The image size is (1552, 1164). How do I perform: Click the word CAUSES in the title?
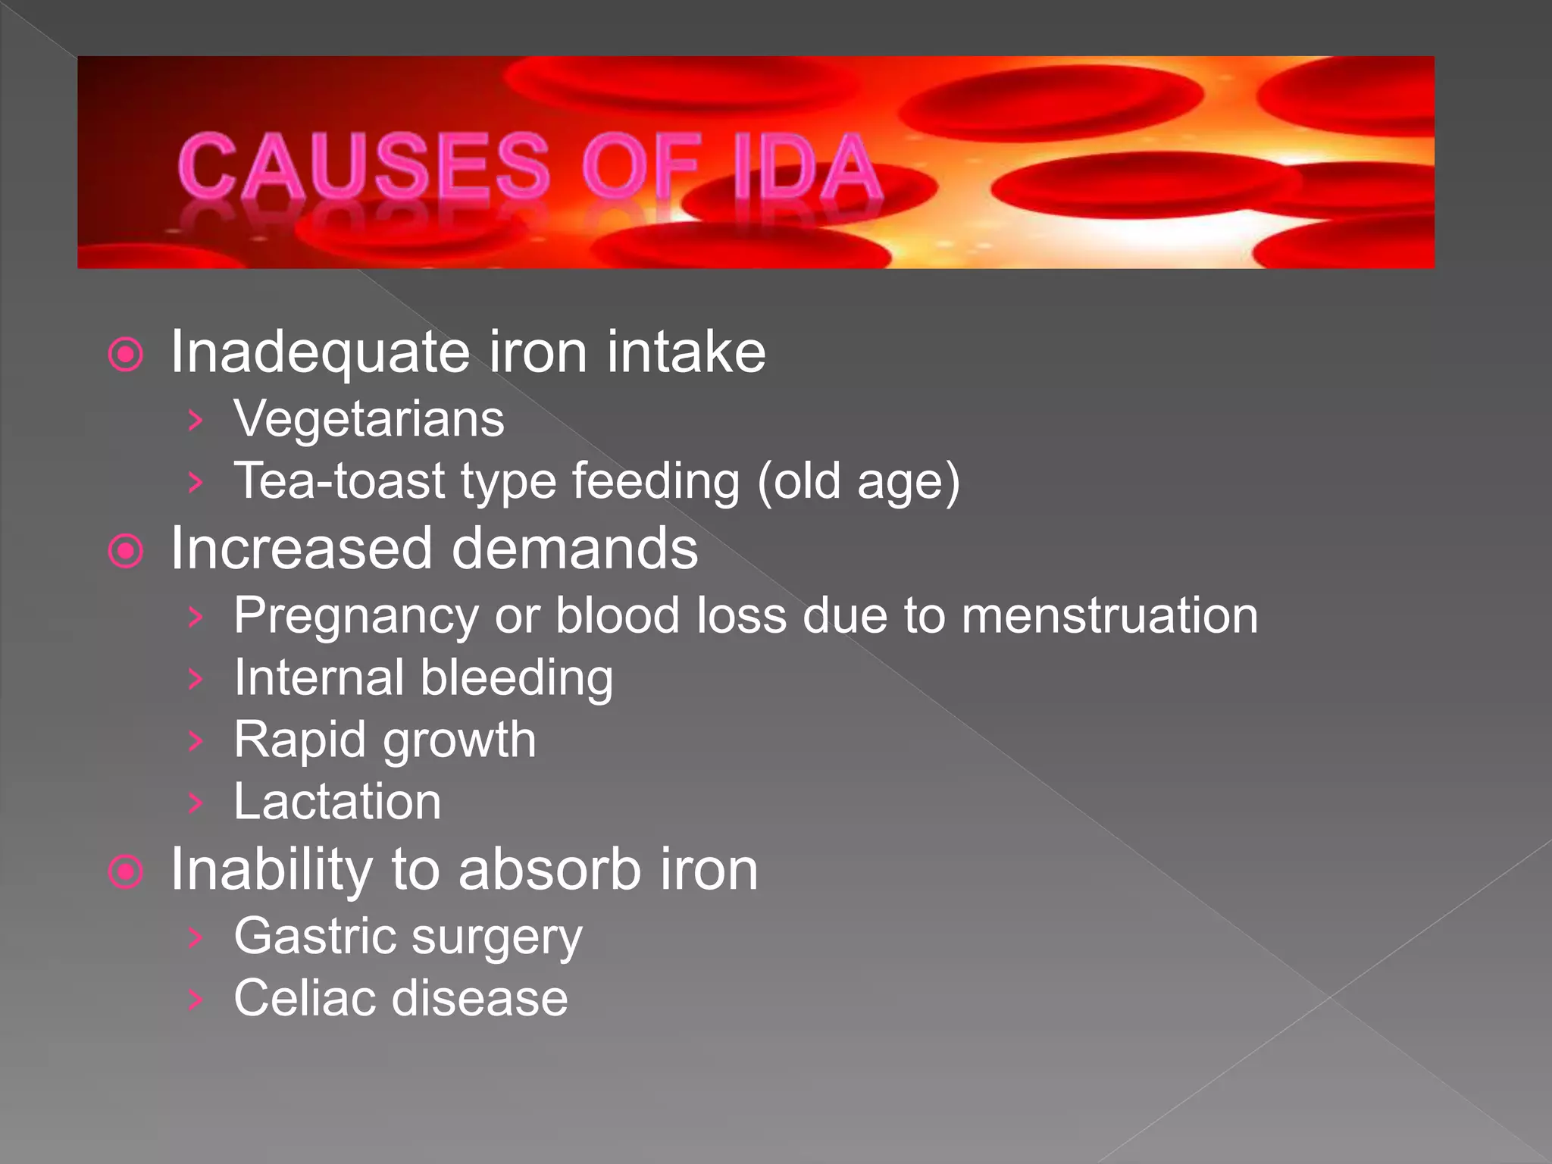tap(364, 165)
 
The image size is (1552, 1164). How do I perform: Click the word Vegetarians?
tap(368, 418)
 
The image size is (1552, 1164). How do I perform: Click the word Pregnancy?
tap(355, 615)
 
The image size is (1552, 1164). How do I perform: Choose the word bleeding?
tap(517, 677)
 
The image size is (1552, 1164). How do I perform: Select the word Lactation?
tap(337, 802)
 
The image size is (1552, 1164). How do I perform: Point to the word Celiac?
tap(303, 998)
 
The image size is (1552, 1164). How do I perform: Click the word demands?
tap(575, 549)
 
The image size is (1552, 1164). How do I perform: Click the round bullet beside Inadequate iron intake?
tap(126, 355)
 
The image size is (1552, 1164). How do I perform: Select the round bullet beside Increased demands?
tap(126, 551)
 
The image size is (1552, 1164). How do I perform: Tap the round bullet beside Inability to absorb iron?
tap(126, 872)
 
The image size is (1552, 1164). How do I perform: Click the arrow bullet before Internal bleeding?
tap(196, 679)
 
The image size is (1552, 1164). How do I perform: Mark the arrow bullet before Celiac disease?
tap(196, 1000)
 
